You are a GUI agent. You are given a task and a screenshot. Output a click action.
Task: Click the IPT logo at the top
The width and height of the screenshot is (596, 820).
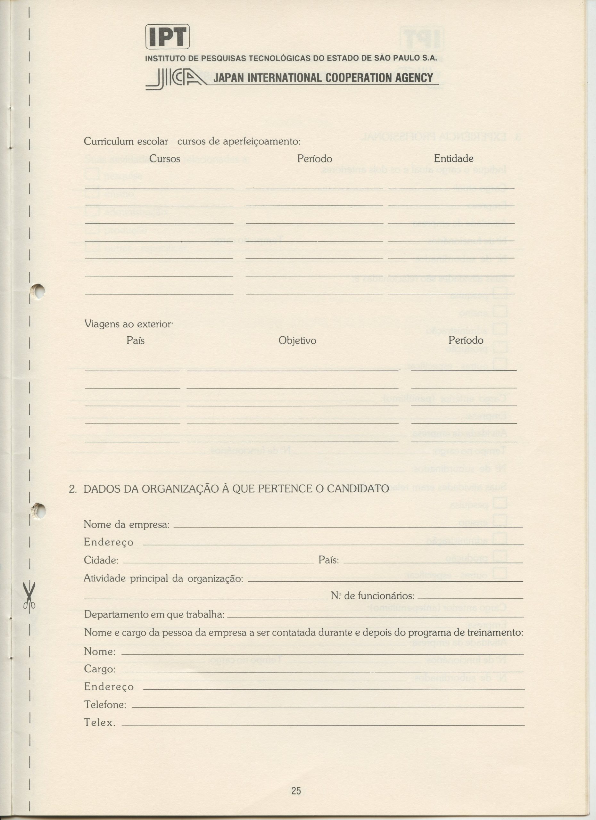click(168, 37)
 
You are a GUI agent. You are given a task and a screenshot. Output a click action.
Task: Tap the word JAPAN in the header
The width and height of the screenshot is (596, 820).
click(228, 78)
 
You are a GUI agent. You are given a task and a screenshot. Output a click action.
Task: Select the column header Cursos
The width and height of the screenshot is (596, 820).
click(165, 159)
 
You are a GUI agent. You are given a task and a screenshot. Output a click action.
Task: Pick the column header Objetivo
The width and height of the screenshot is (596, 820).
click(297, 340)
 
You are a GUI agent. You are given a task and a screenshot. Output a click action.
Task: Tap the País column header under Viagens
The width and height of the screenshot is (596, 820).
click(136, 340)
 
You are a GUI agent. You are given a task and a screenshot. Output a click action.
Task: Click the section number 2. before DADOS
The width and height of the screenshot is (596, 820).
click(73, 489)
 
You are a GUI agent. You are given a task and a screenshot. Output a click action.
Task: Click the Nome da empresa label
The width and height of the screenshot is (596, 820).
click(127, 524)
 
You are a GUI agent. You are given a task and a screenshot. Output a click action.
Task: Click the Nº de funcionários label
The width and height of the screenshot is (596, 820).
click(372, 596)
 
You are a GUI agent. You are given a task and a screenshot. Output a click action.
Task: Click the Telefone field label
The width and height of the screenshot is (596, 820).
click(105, 705)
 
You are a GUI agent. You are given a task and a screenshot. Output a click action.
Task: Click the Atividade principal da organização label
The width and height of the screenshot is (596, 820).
click(163, 578)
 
